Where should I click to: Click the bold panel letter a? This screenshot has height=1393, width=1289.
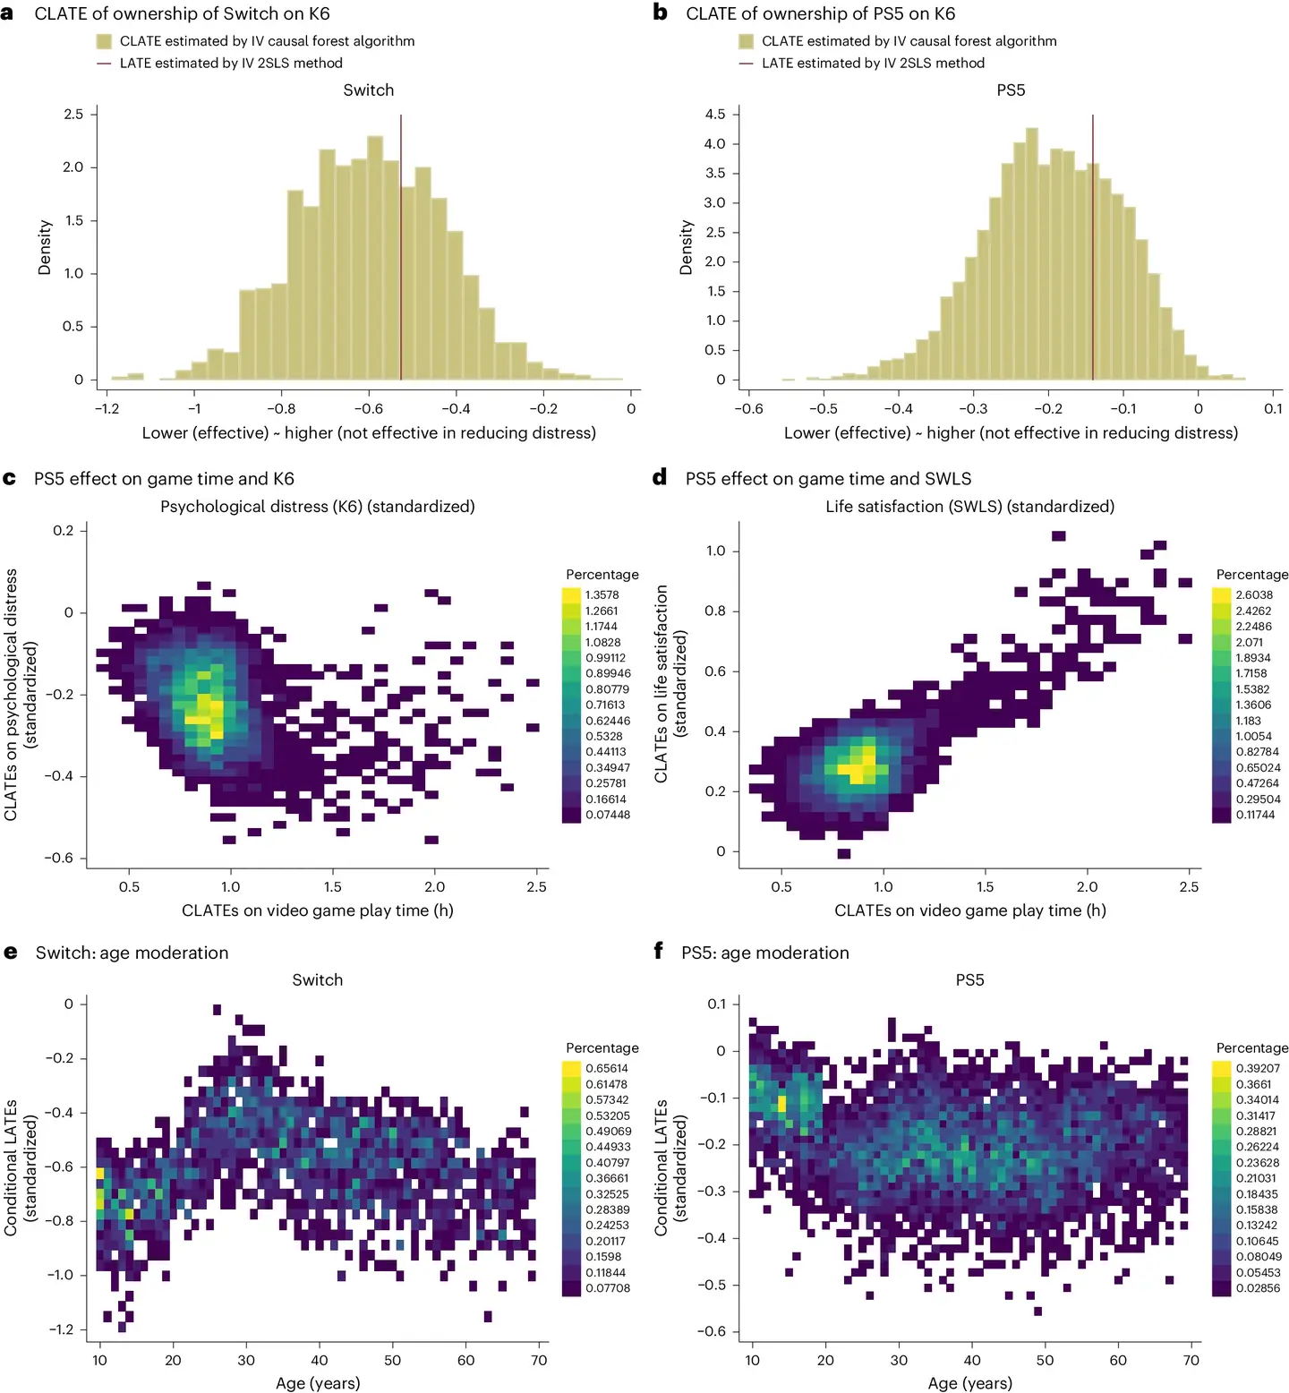click(x=8, y=13)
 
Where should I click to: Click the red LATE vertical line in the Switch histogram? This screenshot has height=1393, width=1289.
click(x=401, y=251)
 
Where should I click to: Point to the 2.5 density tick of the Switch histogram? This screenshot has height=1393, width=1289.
click(x=73, y=114)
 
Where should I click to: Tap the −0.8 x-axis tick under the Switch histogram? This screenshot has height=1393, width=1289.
click(x=280, y=408)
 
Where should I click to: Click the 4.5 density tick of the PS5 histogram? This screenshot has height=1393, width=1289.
click(x=714, y=114)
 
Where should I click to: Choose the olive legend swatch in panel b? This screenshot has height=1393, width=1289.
click(x=746, y=41)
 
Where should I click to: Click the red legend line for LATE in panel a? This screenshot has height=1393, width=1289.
click(x=104, y=64)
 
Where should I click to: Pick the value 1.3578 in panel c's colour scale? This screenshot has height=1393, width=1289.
click(x=602, y=594)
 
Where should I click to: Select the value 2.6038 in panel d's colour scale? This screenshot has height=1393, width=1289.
click(x=1253, y=594)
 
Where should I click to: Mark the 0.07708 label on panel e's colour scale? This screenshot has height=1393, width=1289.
click(x=608, y=1287)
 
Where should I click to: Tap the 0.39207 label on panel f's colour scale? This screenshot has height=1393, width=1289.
click(x=1258, y=1068)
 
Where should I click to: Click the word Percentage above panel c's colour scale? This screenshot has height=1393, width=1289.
click(x=602, y=575)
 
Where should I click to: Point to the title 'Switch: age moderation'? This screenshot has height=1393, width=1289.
click(x=132, y=953)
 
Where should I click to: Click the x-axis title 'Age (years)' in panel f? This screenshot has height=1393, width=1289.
click(x=969, y=1383)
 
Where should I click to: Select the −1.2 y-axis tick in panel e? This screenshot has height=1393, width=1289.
click(x=61, y=1329)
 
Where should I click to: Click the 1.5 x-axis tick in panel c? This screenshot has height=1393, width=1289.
click(x=332, y=886)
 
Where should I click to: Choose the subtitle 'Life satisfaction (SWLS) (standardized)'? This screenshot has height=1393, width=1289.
click(x=969, y=507)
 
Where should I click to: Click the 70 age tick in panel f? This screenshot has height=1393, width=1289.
click(x=1191, y=1360)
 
